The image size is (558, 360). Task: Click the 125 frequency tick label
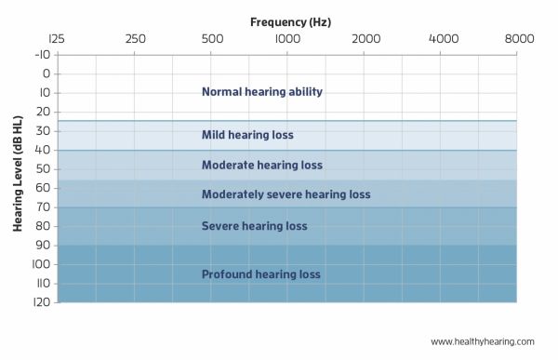(57, 38)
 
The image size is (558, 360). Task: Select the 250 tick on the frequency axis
(135, 38)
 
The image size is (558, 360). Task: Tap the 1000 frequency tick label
(287, 38)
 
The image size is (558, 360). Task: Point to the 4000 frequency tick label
(443, 38)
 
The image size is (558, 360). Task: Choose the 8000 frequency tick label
(519, 38)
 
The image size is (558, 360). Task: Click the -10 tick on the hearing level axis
(41, 55)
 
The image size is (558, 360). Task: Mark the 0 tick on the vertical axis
(45, 73)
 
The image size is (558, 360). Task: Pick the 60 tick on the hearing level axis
(42, 188)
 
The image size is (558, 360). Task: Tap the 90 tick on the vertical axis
(42, 245)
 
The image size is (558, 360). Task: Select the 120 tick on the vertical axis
(41, 302)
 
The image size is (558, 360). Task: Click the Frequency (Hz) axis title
(290, 20)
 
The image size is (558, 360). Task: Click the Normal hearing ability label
(262, 92)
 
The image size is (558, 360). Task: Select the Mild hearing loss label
(247, 135)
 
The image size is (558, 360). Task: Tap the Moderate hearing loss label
(262, 166)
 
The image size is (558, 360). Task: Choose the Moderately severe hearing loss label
(286, 195)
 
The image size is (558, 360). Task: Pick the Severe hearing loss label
(254, 226)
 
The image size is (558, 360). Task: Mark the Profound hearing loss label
(261, 274)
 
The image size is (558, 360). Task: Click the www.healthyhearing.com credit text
(483, 341)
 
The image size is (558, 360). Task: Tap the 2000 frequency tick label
(366, 38)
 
